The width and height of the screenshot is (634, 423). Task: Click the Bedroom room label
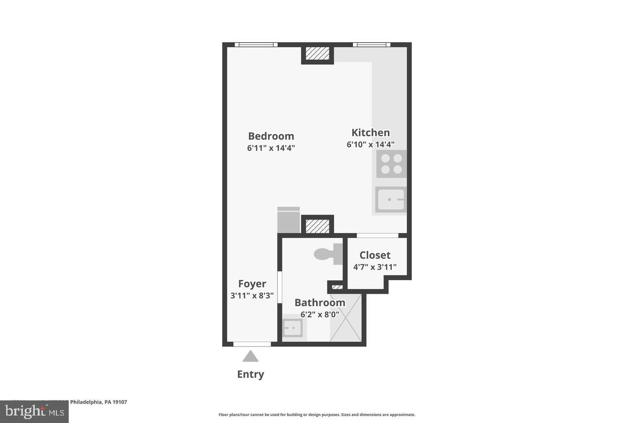coord(271,136)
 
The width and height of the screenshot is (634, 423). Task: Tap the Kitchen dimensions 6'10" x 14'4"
coord(370,145)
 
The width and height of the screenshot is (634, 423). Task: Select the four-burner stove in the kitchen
coord(391,164)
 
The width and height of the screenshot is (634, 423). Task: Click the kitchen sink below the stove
coord(391,200)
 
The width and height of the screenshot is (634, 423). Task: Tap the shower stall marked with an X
coord(346,318)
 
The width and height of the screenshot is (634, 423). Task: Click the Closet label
coord(375,255)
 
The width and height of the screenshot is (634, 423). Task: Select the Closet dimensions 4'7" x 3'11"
coord(375,267)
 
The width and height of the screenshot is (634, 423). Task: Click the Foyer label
coord(252,284)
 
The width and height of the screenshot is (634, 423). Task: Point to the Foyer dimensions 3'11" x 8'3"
coord(252,296)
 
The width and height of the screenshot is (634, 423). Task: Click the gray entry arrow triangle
coord(251,356)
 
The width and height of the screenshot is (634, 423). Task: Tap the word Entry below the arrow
coord(251,374)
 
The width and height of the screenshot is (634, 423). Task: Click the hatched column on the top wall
coord(317,53)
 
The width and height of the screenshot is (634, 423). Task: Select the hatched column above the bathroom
coord(317,226)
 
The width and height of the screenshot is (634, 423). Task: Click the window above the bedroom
coord(256,45)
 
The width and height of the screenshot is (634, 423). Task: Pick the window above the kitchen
coord(371,45)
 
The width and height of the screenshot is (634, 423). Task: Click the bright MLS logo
coord(34,412)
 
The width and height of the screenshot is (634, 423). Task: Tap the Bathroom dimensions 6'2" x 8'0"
coord(320,315)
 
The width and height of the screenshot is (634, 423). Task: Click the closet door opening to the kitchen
coord(377,235)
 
